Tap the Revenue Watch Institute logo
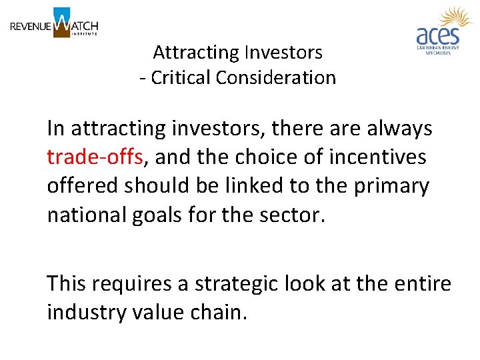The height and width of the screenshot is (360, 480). [x=54, y=24]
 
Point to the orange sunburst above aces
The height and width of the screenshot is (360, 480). [x=455, y=17]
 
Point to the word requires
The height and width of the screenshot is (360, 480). [x=132, y=283]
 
